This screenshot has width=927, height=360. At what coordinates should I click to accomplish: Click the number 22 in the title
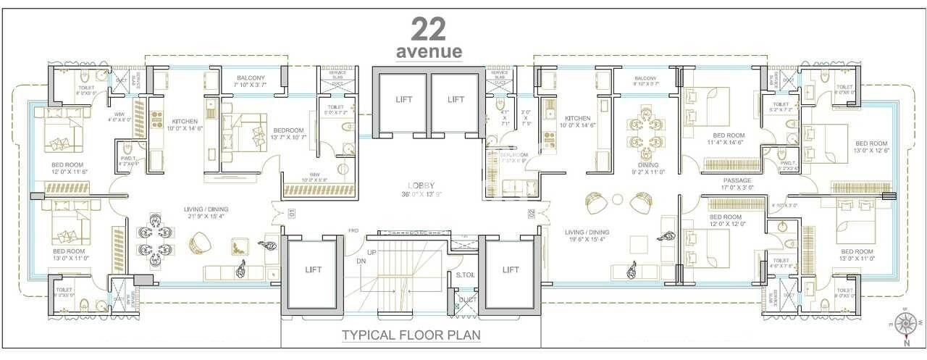429,29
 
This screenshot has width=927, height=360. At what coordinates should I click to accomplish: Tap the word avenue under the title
429,52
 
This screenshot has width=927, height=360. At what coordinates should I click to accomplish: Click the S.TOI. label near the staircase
465,275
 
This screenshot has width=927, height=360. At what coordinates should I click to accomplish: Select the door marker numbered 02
531,214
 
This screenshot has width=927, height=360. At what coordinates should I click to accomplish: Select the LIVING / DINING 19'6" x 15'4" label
587,236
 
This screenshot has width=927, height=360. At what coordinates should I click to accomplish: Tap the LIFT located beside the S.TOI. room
510,269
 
